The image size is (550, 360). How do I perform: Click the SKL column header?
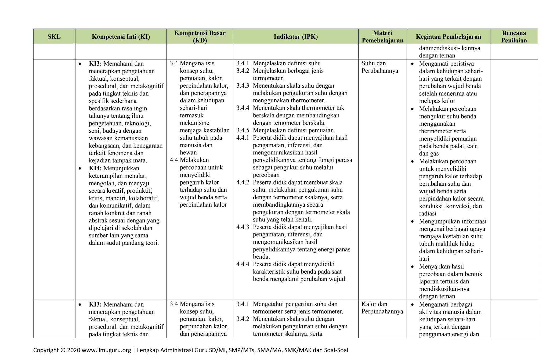[54, 37]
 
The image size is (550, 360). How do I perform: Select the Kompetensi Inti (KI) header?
[121, 37]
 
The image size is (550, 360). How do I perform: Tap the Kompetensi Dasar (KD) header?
[200, 37]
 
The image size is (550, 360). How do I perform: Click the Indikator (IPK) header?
[296, 37]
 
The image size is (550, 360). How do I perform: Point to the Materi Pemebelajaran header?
[382, 37]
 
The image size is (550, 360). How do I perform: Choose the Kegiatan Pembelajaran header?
[448, 37]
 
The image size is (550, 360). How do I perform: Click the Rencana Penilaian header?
[514, 37]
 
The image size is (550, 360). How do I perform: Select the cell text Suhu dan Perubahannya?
[379, 67]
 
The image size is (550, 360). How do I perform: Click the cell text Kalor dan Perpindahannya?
[382, 308]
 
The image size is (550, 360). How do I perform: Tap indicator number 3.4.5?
[243, 131]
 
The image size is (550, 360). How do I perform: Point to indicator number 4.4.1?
[243, 138]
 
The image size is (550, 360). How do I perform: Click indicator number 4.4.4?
[243, 264]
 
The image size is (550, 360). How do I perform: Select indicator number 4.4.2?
[243, 183]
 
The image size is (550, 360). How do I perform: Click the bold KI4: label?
[95, 168]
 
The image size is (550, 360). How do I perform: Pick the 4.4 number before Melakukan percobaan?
[174, 160]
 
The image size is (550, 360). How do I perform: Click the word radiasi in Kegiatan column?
[428, 214]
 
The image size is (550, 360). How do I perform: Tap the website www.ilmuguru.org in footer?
[106, 350]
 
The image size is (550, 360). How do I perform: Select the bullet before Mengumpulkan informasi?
[413, 222]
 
